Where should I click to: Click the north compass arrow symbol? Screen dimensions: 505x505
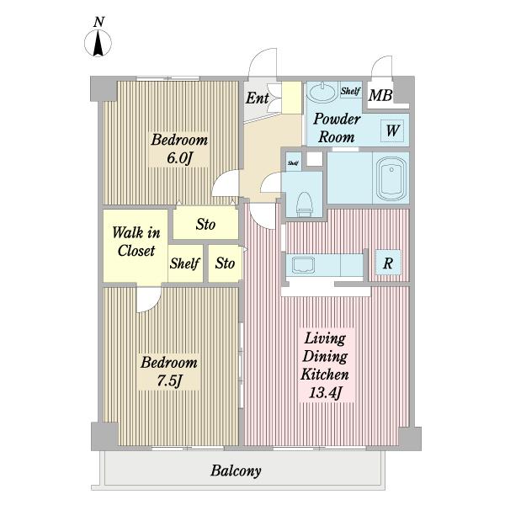(98, 43)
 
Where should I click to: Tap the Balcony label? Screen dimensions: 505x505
(236, 471)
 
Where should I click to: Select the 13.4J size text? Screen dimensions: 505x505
(325, 392)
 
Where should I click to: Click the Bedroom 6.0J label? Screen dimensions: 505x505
(179, 149)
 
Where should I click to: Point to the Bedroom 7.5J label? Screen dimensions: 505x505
(169, 371)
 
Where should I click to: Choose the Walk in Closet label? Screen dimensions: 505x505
(136, 242)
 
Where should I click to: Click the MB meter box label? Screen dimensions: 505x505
(380, 95)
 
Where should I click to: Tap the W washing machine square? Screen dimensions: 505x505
(392, 130)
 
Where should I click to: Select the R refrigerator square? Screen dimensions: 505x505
(388, 263)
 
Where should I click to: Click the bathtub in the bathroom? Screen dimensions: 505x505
(391, 178)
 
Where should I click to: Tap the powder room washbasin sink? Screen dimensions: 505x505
(322, 92)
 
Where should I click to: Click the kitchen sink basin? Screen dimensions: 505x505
(303, 265)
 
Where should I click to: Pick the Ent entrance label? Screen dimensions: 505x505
(257, 98)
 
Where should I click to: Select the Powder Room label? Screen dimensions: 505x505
(337, 128)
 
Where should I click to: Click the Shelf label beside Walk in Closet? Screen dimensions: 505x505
(185, 263)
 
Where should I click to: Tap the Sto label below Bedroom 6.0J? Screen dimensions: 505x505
(205, 224)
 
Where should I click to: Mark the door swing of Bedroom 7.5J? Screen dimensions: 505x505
(149, 300)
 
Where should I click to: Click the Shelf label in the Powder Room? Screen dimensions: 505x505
(350, 91)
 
